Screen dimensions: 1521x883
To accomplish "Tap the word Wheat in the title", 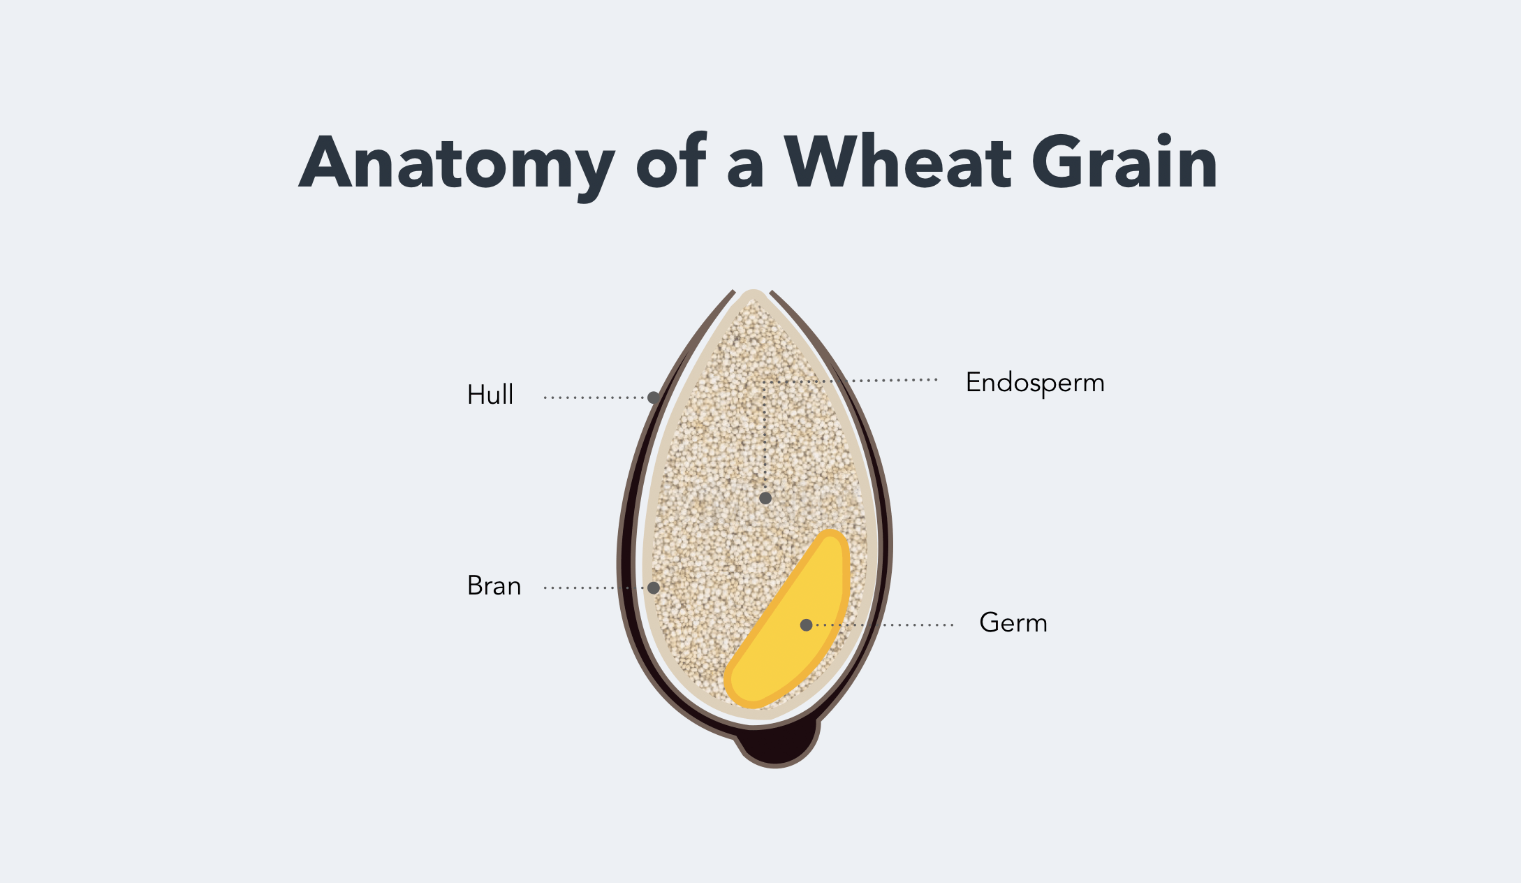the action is tap(898, 161).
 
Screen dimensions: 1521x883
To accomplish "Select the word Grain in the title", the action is tap(1125, 161).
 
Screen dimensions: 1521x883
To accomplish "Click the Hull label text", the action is tap(490, 395).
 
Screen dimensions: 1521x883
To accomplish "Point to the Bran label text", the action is tap(494, 585).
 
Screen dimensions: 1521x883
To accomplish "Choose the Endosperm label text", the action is tap(1035, 384).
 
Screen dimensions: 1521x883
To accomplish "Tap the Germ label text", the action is tap(1013, 622).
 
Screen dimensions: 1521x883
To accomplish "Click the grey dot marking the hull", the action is tap(654, 397).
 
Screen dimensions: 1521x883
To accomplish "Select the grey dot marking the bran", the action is tap(654, 588).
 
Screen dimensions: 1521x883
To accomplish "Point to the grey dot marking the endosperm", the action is tap(765, 498).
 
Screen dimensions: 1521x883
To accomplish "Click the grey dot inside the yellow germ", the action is tap(806, 625).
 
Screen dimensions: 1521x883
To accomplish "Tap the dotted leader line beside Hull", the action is tap(595, 397).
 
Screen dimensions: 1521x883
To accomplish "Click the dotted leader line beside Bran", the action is tap(595, 588).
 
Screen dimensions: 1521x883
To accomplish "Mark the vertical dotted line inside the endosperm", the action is tap(765, 437).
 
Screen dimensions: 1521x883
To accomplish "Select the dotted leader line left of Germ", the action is tap(883, 625).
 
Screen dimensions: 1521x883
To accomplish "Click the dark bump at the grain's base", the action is tap(777, 745).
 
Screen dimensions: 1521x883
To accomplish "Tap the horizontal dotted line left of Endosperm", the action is tap(850, 381).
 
